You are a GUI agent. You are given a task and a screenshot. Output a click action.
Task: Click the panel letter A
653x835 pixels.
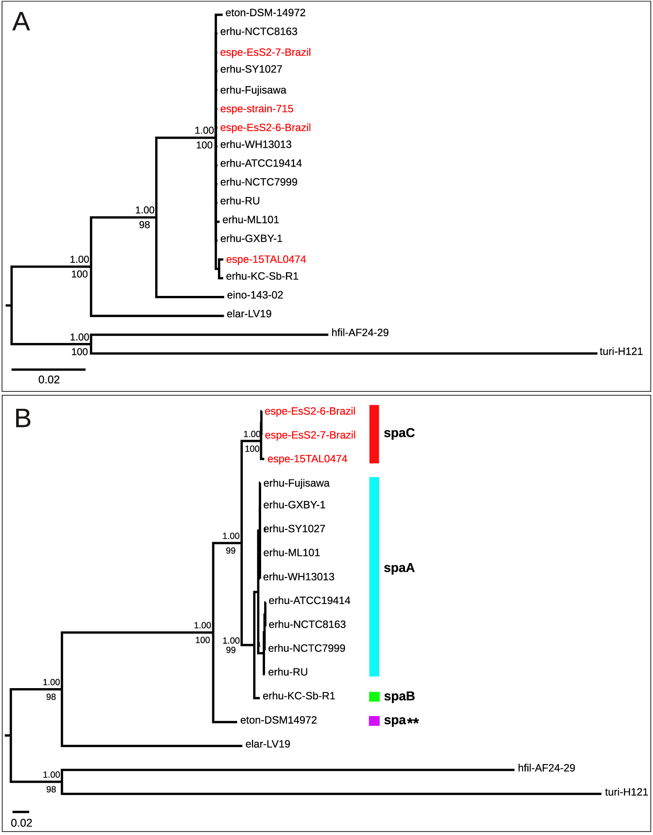[21, 22]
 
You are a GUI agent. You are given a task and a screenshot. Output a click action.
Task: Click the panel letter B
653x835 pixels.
[23, 418]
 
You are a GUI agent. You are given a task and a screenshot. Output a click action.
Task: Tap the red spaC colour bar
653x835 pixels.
[374, 434]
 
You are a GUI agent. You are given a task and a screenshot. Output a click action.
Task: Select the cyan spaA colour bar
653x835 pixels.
[374, 576]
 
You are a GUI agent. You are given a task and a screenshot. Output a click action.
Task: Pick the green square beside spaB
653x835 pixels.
[374, 696]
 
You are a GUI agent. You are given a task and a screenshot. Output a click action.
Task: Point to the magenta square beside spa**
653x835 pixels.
[374, 721]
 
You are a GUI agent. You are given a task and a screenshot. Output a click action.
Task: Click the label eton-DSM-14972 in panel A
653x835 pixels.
[265, 13]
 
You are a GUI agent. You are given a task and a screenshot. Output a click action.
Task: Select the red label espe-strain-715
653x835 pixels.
[256, 109]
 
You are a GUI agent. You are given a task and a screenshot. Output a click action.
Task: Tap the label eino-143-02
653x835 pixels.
[255, 295]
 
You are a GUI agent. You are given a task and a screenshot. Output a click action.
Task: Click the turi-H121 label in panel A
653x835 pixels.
[621, 352]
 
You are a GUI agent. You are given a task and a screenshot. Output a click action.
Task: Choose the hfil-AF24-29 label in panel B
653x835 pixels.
[546, 768]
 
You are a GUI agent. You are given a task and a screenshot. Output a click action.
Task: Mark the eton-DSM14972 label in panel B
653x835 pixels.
[278, 720]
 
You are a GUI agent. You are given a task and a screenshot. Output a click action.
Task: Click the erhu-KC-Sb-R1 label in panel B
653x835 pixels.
[299, 696]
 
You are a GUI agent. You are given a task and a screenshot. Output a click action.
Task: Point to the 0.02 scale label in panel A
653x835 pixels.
[49, 380]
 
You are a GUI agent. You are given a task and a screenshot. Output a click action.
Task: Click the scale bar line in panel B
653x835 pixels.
[20, 812]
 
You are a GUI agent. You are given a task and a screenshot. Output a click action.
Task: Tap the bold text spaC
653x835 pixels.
[399, 433]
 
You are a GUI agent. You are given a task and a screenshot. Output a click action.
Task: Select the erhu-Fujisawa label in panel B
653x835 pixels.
[296, 483]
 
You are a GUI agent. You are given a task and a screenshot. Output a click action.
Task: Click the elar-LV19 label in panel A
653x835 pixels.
[249, 314]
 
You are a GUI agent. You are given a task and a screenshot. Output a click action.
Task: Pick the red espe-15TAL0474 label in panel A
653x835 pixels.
[266, 259]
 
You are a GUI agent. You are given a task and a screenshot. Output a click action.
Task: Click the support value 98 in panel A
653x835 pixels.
[144, 225]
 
